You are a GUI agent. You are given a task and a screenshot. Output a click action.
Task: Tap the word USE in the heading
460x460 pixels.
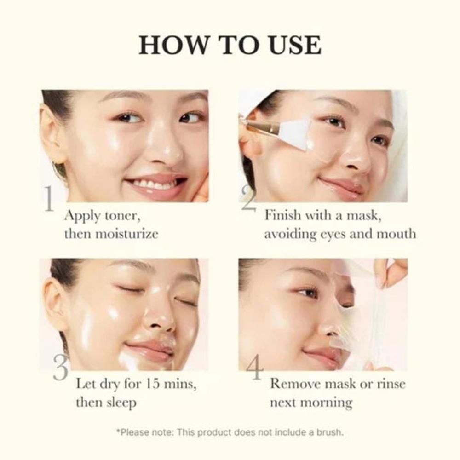291,45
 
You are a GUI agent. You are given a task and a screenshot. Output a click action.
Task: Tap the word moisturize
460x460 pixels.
126,234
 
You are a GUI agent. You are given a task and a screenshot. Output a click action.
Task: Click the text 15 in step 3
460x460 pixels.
156,383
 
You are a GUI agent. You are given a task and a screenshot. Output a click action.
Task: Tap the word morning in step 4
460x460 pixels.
328,402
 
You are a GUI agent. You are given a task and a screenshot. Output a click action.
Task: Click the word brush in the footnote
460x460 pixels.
330,432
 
